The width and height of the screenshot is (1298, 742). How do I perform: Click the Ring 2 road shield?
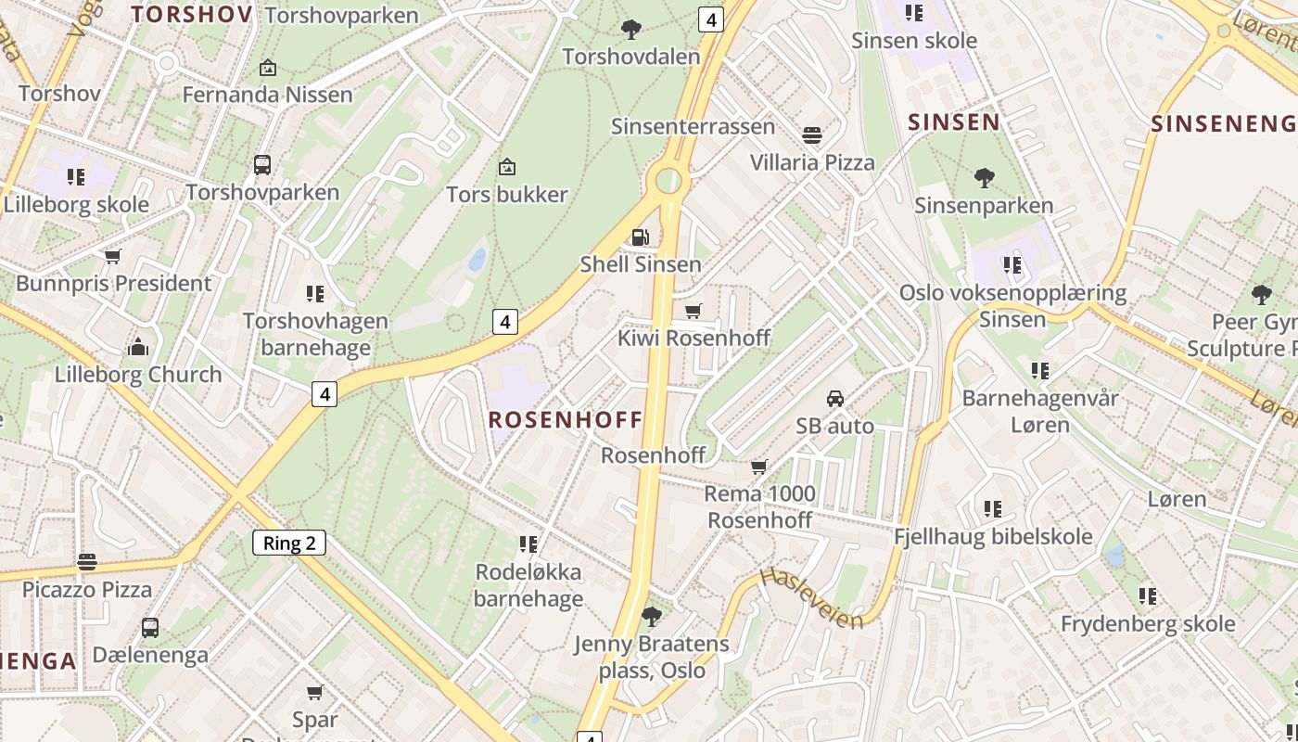(x=289, y=543)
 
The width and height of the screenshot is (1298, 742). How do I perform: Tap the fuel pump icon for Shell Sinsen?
(x=640, y=237)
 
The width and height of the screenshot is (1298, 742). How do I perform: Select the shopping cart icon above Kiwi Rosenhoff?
(x=693, y=311)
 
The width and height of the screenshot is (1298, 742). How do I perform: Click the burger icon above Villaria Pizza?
(x=812, y=135)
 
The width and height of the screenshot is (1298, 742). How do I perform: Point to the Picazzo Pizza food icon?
(x=87, y=562)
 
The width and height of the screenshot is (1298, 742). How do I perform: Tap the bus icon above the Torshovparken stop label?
(x=262, y=165)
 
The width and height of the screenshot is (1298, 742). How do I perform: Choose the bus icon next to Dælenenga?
(x=150, y=628)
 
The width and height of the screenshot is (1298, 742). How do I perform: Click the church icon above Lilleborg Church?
(x=138, y=348)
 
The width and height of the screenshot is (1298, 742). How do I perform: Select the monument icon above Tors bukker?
(x=506, y=167)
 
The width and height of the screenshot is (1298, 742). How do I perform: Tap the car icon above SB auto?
(x=834, y=399)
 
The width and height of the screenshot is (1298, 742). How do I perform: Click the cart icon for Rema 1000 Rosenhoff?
(x=759, y=467)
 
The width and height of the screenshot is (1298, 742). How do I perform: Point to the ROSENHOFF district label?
(x=566, y=419)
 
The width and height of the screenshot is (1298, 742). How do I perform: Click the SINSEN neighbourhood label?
(x=954, y=122)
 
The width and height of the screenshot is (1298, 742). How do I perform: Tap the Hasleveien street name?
(x=811, y=599)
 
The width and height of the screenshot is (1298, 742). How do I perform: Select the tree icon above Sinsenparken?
(x=984, y=177)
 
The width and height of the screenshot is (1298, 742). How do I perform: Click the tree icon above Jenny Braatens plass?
(x=652, y=616)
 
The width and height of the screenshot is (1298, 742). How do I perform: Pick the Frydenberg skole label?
(x=1148, y=623)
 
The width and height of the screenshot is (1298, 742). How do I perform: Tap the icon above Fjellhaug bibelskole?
(x=993, y=509)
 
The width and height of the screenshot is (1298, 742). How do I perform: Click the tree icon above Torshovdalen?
(x=631, y=30)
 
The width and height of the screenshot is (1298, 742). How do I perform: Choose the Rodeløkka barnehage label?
(x=528, y=585)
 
